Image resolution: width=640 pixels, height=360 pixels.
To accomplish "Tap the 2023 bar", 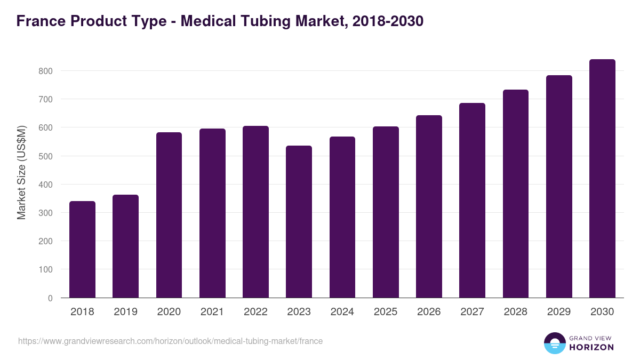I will [299, 222].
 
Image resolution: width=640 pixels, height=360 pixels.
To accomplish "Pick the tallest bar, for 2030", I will [602, 179].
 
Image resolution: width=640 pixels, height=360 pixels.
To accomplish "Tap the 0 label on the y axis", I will [50, 298].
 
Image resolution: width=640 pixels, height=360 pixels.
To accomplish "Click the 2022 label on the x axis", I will [255, 312].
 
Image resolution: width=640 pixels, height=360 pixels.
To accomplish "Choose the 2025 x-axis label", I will [386, 312].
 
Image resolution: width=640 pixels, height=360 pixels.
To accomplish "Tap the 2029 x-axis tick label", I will [559, 312].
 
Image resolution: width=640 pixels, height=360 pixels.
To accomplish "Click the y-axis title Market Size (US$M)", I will [21, 173].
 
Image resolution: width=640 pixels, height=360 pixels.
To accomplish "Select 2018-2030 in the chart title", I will [388, 21].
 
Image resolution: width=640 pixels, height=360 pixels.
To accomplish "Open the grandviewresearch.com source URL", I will [170, 341].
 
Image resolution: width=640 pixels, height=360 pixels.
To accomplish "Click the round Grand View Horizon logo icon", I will [554, 343].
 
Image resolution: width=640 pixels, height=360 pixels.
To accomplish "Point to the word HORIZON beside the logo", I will [591, 347].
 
